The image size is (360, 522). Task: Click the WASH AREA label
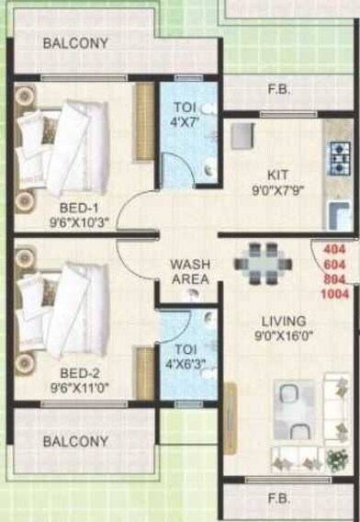(x=191, y=271)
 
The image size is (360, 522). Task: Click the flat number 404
(x=337, y=249)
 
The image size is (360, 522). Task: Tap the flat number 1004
(x=337, y=294)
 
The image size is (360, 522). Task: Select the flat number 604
(x=337, y=264)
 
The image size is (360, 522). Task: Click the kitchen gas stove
(x=341, y=157)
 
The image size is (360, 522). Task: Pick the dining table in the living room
(x=264, y=263)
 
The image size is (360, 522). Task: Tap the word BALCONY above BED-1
(x=75, y=43)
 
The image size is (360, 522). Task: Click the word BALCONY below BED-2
(x=75, y=441)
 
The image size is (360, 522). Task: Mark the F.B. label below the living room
(x=278, y=500)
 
